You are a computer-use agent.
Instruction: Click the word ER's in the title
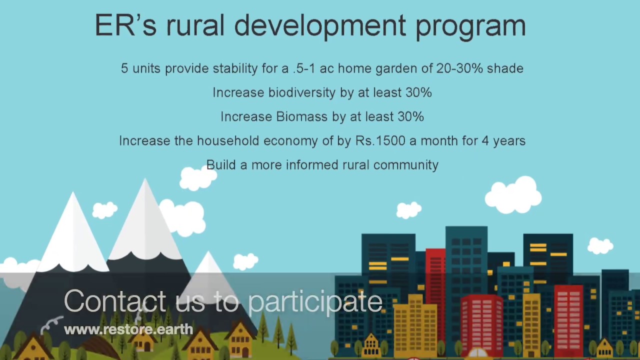pos(125,25)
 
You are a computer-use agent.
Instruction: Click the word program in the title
pos(470,26)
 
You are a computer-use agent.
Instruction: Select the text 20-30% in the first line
pos(459,68)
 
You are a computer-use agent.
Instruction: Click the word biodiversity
pos(301,93)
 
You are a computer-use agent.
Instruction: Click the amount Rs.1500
pos(380,141)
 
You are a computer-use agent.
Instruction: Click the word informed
pos(310,165)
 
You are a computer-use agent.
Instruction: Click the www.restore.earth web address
pos(128,329)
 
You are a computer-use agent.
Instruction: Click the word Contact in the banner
pos(115,301)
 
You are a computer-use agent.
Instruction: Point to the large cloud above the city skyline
pos(513,195)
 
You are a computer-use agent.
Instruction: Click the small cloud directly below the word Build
pos(198,178)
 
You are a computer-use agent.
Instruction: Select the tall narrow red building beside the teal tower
pos(435,280)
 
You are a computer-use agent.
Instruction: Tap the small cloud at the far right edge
pos(600,245)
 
